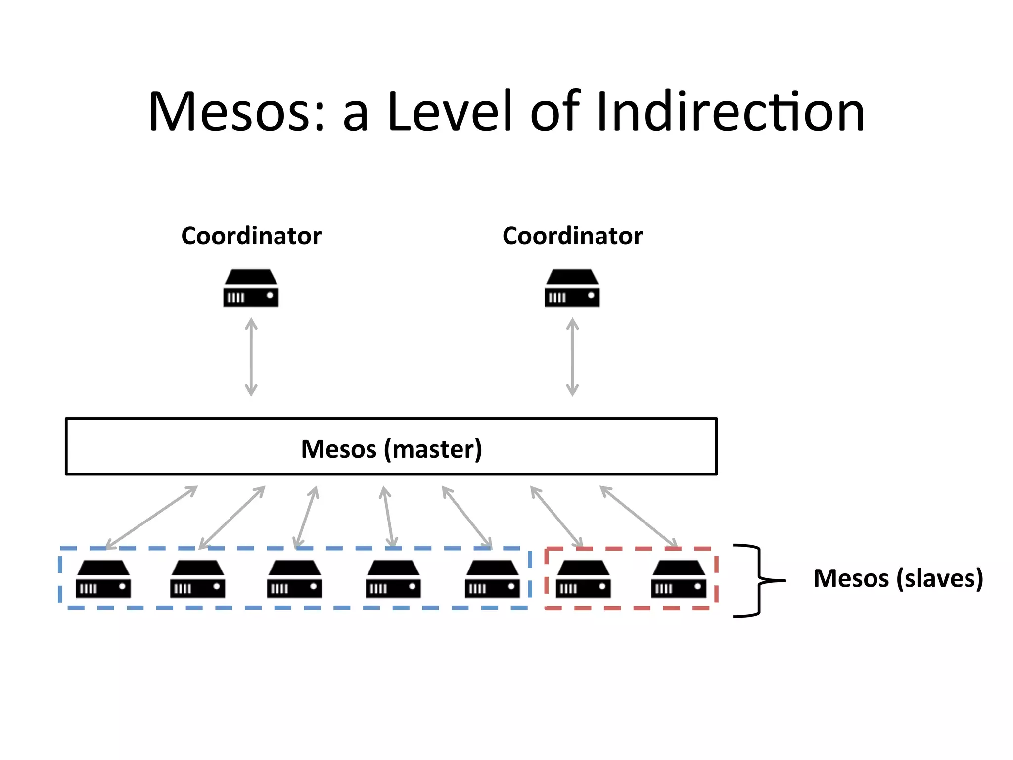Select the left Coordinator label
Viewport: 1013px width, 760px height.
click(251, 236)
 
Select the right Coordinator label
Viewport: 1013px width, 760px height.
click(572, 236)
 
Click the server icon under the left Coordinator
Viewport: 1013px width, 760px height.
click(251, 288)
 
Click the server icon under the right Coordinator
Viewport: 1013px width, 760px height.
click(572, 288)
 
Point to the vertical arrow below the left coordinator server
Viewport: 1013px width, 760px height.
click(251, 357)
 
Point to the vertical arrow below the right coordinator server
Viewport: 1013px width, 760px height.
click(572, 357)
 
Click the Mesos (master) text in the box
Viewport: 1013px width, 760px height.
click(391, 449)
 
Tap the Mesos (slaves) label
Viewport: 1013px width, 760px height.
click(898, 578)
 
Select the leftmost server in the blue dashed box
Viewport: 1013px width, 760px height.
click(103, 579)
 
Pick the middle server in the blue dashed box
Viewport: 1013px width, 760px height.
click(294, 579)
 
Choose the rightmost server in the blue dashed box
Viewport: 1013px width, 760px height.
click(492, 579)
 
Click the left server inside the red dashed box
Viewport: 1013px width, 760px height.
click(583, 579)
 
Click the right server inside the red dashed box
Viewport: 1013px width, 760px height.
click(679, 579)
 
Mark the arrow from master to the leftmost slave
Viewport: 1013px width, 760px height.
click(151, 517)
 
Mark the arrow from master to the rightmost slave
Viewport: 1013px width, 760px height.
click(639, 517)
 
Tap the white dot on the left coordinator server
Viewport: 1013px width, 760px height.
click(270, 296)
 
